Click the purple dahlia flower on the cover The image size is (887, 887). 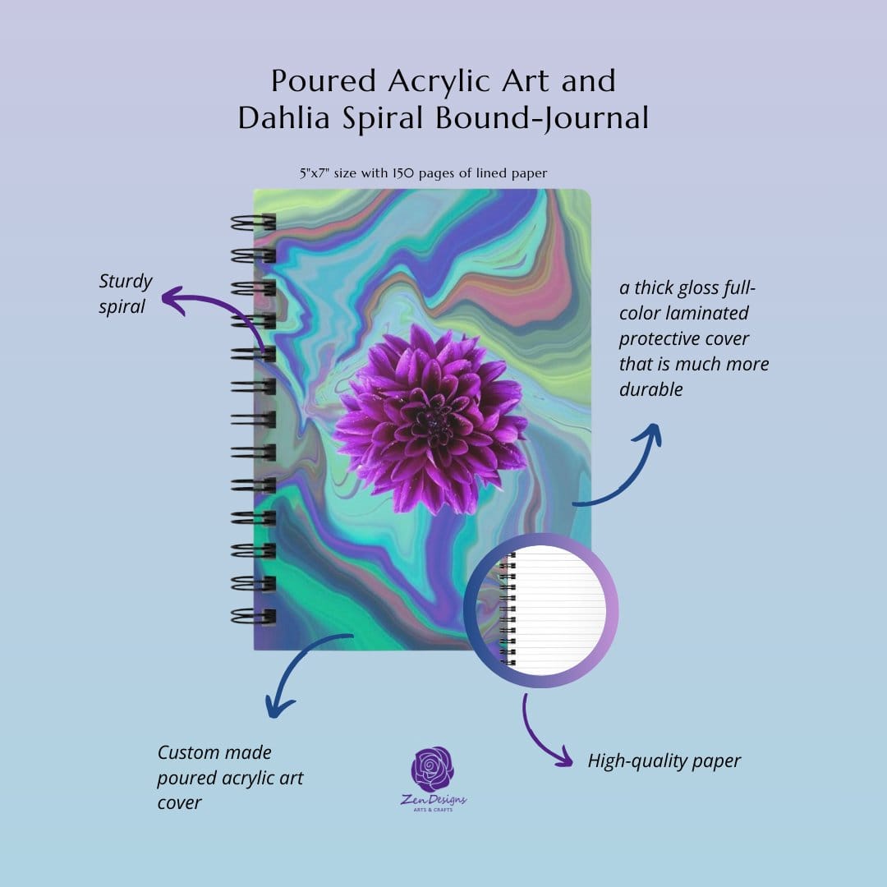coord(430,419)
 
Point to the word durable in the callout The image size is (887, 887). coord(650,389)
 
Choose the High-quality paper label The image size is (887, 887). coord(664,761)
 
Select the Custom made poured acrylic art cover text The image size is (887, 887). coord(230,777)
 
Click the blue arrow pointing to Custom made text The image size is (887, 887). coord(304,669)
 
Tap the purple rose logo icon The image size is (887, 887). coord(433,770)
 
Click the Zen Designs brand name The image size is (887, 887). coord(434,800)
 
